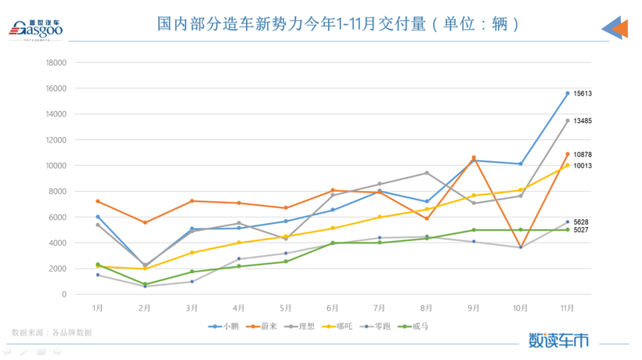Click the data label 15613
[582, 93]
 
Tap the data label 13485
[582, 121]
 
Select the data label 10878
[582, 154]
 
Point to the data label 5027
[581, 230]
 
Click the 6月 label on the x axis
[333, 308]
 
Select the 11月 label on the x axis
[568, 308]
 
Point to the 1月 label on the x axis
[98, 308]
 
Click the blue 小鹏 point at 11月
[568, 93]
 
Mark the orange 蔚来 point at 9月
[474, 157]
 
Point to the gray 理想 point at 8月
[427, 173]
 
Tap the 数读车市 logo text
[558, 340]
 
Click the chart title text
[338, 24]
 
